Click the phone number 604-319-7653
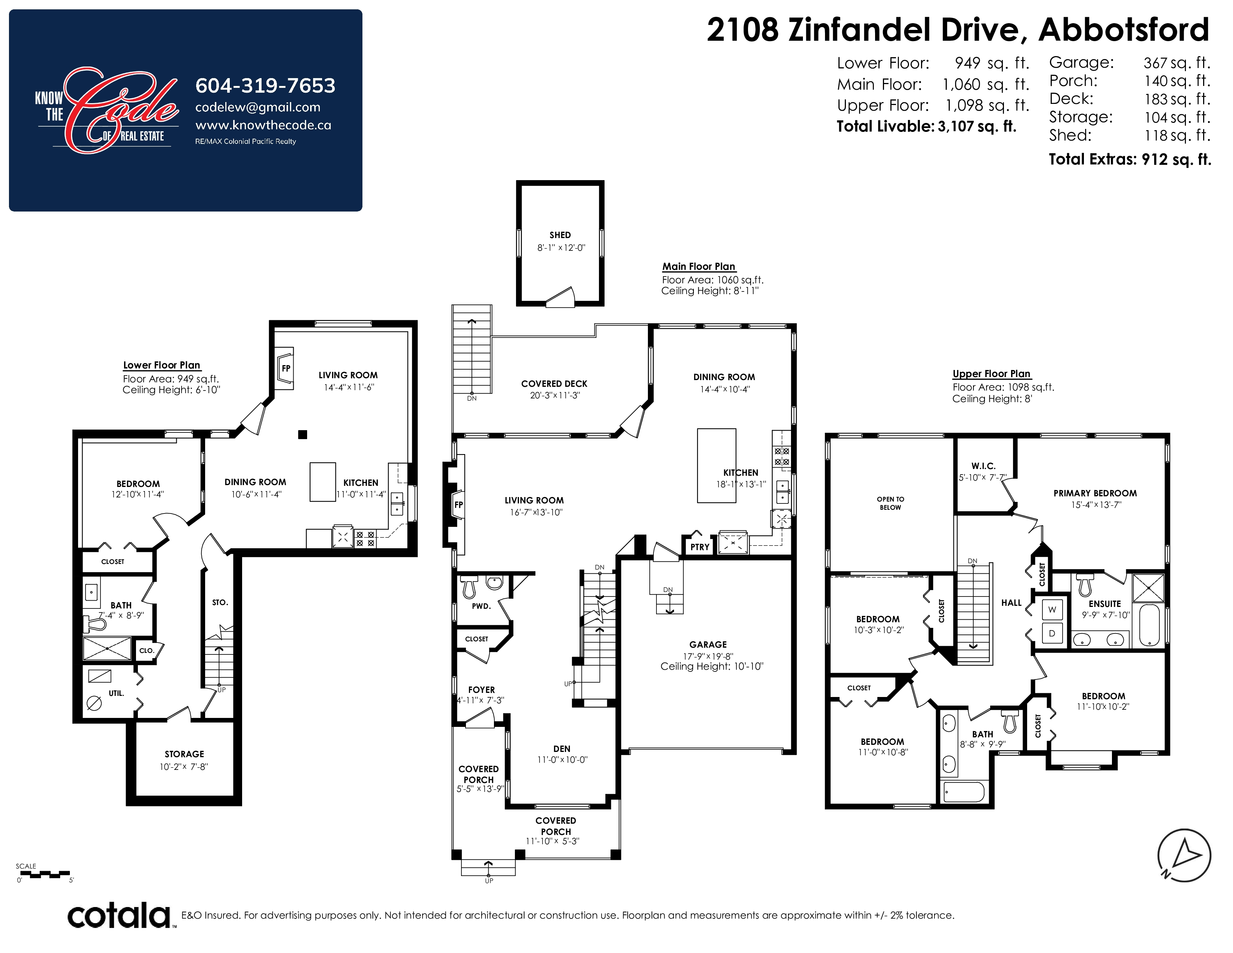[x=265, y=86]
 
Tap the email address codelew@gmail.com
[x=257, y=107]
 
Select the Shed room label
[x=560, y=235]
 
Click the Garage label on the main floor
[x=708, y=644]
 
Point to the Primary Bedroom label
[x=1095, y=493]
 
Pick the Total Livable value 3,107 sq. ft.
[x=977, y=126]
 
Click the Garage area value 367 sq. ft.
[x=1177, y=63]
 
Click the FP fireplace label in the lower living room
[x=286, y=368]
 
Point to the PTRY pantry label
[x=699, y=547]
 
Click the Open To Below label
[x=890, y=503]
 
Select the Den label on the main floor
[x=562, y=749]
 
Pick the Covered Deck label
[x=554, y=384]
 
